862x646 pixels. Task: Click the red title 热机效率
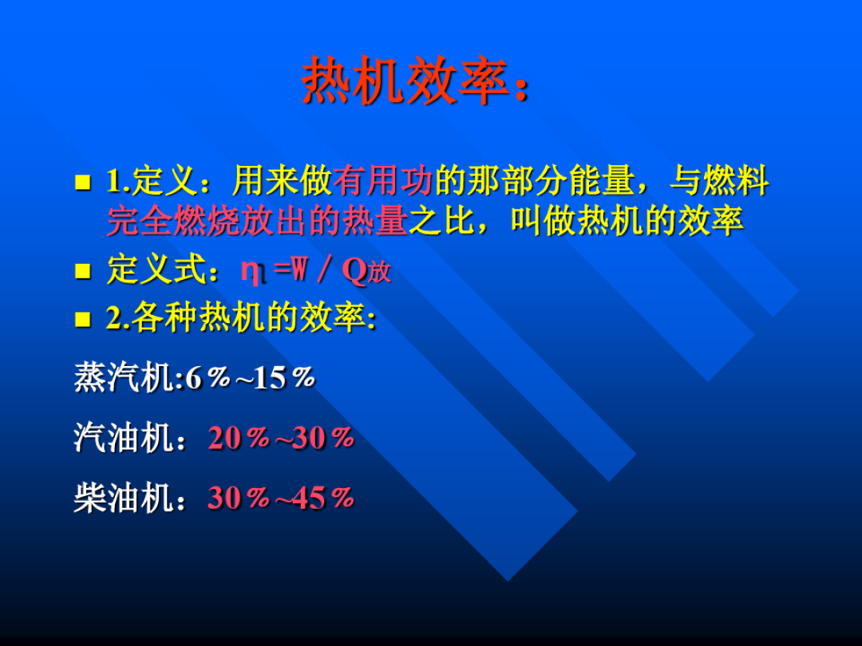[x=405, y=82]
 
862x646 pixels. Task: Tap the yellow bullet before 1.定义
[x=82, y=183]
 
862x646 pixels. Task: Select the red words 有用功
[x=382, y=183]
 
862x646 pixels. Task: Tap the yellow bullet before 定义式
[x=82, y=271]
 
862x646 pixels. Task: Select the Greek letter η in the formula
[x=252, y=272]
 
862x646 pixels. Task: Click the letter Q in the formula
[x=354, y=271]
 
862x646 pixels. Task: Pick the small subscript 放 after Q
[x=380, y=274]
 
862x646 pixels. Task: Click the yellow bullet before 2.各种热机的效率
[x=82, y=320]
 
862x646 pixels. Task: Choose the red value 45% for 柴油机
[x=323, y=498]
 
